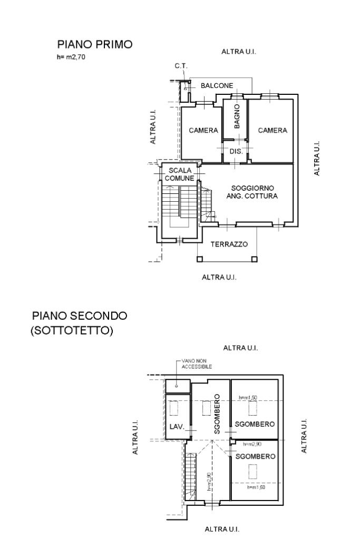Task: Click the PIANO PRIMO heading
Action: pyautogui.click(x=95, y=44)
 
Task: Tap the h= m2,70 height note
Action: pyautogui.click(x=71, y=57)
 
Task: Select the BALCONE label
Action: pyautogui.click(x=217, y=85)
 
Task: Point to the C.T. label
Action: pyautogui.click(x=180, y=66)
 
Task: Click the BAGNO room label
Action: pyautogui.click(x=237, y=117)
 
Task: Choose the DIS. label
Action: pyautogui.click(x=236, y=151)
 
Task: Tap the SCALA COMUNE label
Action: pyautogui.click(x=180, y=174)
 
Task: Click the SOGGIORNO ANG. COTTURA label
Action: pyautogui.click(x=252, y=192)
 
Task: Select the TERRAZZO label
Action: pyautogui.click(x=229, y=244)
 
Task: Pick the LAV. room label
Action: pyautogui.click(x=177, y=426)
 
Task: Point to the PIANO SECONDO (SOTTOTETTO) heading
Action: pyautogui.click(x=79, y=323)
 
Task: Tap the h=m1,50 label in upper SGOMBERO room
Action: pyautogui.click(x=248, y=398)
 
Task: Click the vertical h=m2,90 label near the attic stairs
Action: pyautogui.click(x=209, y=481)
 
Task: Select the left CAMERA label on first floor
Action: pyautogui.click(x=203, y=131)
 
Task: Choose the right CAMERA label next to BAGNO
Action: pyautogui.click(x=273, y=131)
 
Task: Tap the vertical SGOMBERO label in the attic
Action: pyautogui.click(x=217, y=414)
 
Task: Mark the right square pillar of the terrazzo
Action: pyautogui.click(x=254, y=259)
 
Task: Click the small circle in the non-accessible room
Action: pyautogui.click(x=177, y=386)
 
